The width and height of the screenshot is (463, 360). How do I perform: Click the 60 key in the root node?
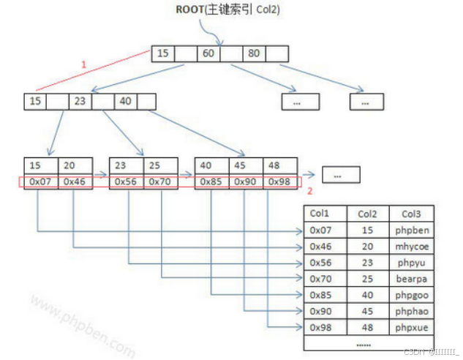[x=208, y=53]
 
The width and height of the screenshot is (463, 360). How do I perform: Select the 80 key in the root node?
[x=254, y=53]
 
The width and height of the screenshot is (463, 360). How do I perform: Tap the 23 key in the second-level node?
[x=80, y=102]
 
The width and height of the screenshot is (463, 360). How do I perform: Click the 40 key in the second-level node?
[x=125, y=102]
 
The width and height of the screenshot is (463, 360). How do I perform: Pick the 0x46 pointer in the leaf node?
[x=75, y=181]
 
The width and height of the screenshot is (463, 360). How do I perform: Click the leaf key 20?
[x=69, y=165]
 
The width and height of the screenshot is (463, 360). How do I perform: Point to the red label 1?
[x=83, y=64]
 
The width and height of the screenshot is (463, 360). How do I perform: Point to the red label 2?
[x=309, y=191]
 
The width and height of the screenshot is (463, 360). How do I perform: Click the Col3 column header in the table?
[x=412, y=214]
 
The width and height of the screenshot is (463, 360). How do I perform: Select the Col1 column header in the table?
[x=320, y=214]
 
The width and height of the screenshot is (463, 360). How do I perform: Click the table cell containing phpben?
[x=412, y=230]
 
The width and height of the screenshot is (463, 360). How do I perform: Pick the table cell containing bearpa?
[x=412, y=279]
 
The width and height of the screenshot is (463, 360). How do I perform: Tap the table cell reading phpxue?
[x=412, y=327]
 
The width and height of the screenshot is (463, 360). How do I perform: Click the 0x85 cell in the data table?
[x=322, y=295]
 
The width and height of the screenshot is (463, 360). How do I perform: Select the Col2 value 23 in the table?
[x=366, y=262]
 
